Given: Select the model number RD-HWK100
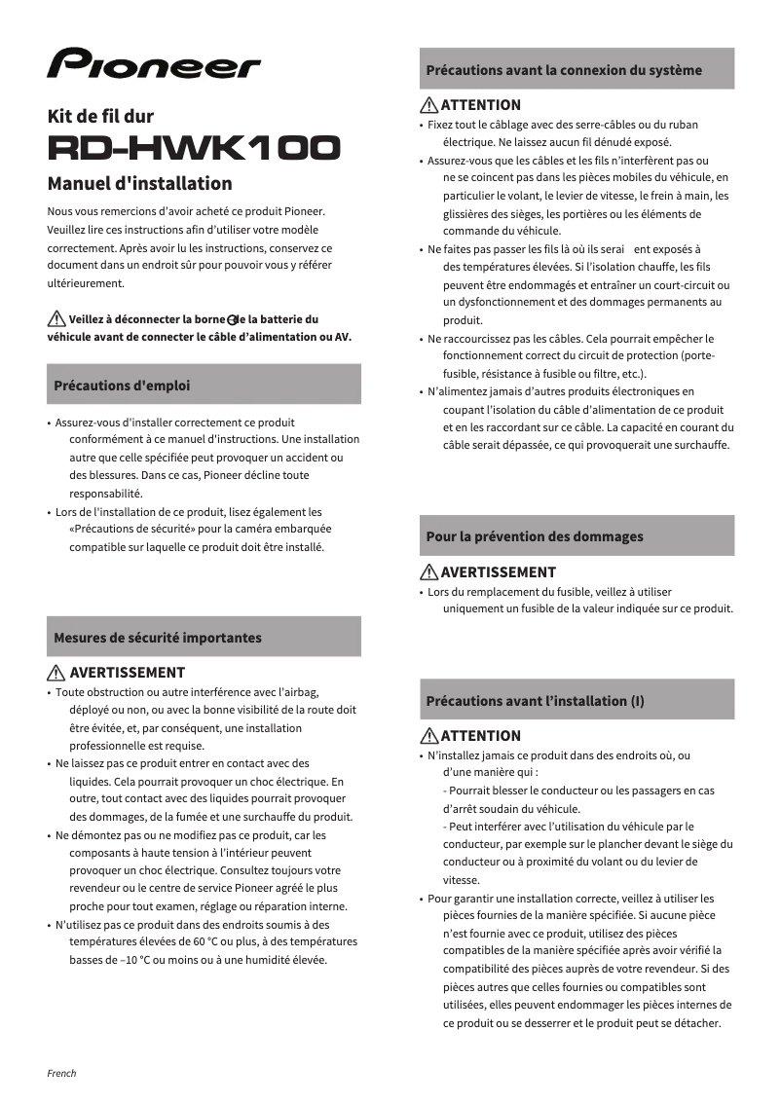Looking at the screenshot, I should tap(194, 148).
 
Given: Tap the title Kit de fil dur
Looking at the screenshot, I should tap(100, 116).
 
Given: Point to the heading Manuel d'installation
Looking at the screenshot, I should tap(139, 183).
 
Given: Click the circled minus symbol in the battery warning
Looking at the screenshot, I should tap(232, 320).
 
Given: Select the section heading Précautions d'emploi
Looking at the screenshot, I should tap(122, 386).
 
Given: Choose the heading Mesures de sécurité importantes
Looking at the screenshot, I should tap(157, 638).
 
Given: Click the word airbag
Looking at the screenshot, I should tap(299, 691).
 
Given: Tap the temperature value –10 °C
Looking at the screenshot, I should tap(139, 960).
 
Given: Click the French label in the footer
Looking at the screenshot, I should tap(61, 1073).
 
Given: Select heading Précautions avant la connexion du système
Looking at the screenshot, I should tap(563, 70).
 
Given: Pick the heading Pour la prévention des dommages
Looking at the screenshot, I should tap(534, 536).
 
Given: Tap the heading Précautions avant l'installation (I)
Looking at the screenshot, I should tap(535, 701).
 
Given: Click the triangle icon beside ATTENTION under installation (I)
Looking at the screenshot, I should tap(428, 736).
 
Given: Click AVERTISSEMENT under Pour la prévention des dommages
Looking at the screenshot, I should tap(498, 572).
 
